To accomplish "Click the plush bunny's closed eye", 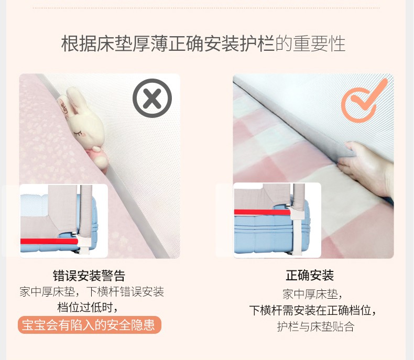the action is pos(78,134).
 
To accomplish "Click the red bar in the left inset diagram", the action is pos(49,241).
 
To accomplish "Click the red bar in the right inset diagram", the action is pos(262,212).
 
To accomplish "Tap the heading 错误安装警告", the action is pos(89,276).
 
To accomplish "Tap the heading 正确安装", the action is pos(310,276).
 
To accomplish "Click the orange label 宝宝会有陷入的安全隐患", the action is pos(90,325).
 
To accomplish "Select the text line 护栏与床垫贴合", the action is pos(315,326).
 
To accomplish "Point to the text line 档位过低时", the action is pos(87,308).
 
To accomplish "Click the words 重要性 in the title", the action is pos(319,44).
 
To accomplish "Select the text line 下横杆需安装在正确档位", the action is pos(313,310).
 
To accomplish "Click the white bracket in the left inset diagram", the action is pos(83,243).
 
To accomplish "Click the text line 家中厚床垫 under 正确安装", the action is pos(312,294).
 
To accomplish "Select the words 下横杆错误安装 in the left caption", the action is pos(125,292).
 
